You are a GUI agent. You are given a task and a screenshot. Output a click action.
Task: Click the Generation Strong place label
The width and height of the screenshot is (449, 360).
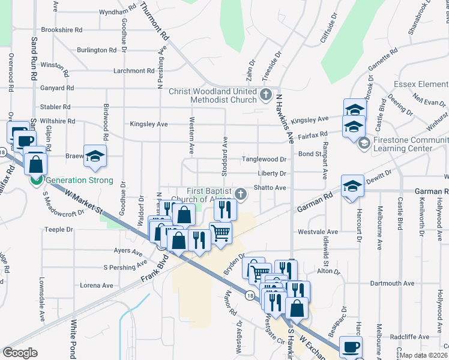point(79,180)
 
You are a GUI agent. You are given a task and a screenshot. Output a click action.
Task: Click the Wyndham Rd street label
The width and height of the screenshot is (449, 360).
point(118,12)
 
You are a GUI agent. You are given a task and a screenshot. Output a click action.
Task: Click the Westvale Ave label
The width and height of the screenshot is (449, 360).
point(318,232)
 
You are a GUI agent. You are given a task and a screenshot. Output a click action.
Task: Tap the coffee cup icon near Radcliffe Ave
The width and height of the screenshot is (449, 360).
point(351,346)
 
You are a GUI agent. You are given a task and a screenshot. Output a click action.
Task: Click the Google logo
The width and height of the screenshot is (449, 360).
point(20,352)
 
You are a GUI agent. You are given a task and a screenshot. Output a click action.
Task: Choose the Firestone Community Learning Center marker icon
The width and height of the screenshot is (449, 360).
point(363,144)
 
